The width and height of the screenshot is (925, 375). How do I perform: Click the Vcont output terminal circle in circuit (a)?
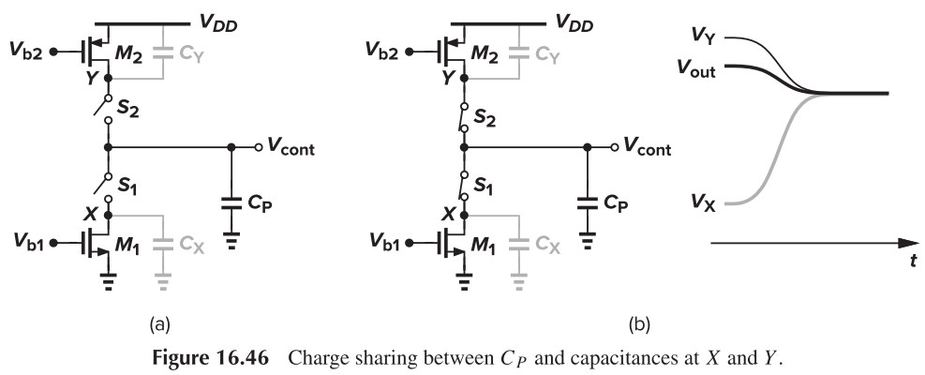tap(258, 148)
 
